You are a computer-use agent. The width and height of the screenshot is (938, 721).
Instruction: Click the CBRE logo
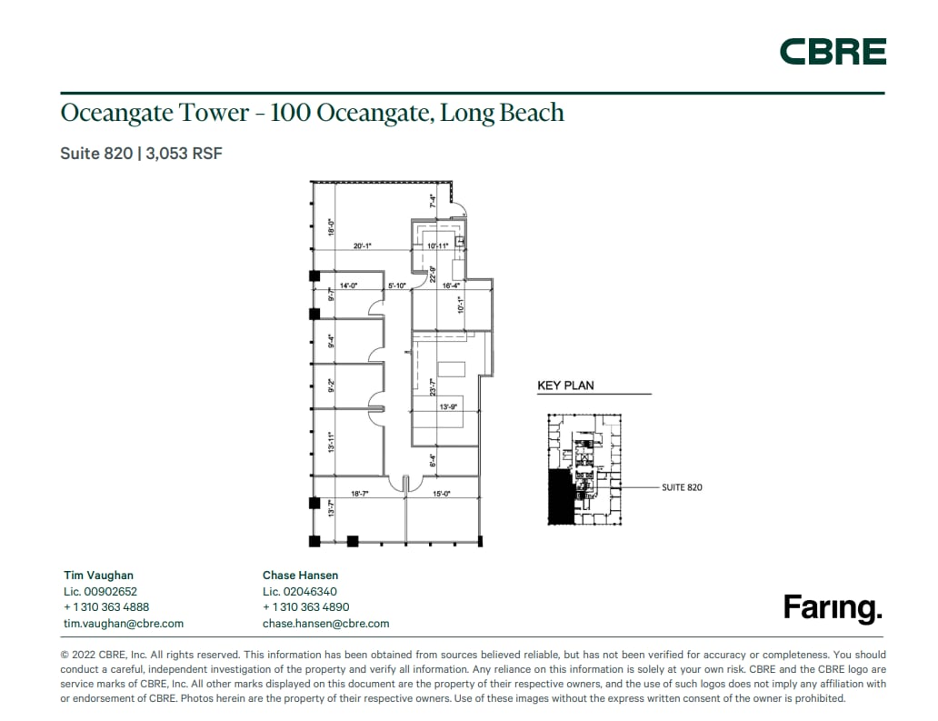coord(833,52)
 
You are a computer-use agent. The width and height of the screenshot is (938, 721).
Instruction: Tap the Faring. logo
coord(833,607)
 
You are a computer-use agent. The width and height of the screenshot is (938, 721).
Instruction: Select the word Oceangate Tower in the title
coord(142,113)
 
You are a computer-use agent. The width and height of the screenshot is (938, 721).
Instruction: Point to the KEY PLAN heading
coord(565,386)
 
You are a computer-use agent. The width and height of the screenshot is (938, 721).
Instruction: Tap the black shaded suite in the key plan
coord(560,496)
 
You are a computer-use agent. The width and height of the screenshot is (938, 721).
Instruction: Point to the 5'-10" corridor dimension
coord(397,286)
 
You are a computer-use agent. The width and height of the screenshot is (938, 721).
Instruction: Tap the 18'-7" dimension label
coord(360,494)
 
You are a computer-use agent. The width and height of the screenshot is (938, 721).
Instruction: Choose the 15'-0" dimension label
coord(442,494)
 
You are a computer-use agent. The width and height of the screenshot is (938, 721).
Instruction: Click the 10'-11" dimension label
coord(438,245)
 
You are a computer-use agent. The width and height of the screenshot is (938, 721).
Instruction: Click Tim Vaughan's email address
coord(124,623)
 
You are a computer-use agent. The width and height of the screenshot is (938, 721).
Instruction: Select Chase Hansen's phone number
coord(305,606)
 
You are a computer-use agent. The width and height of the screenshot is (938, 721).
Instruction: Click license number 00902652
coord(100,591)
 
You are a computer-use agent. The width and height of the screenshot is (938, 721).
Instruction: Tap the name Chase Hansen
coord(300,575)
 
